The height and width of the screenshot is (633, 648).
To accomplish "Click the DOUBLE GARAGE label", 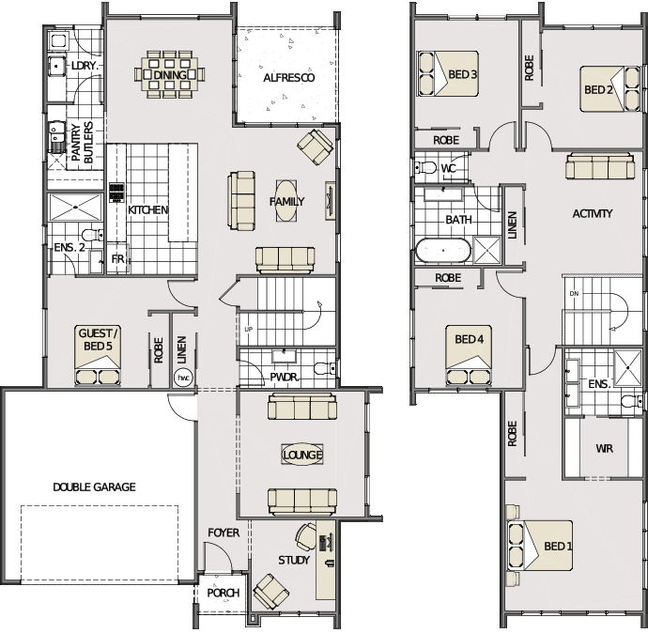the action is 94,487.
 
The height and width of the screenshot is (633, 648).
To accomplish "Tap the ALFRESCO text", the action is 289,78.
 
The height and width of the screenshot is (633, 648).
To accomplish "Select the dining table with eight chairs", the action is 169,75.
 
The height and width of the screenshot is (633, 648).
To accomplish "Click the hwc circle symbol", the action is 183,378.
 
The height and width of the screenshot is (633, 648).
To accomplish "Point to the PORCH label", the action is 224,593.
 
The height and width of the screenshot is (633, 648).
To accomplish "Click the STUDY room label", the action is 294,561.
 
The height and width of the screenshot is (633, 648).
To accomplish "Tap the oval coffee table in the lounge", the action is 302,455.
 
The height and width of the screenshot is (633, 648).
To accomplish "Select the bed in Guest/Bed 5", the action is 98,355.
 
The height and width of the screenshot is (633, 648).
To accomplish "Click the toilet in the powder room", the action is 325,368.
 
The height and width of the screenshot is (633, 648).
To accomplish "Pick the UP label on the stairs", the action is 248,330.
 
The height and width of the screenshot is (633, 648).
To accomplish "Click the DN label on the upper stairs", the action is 574,294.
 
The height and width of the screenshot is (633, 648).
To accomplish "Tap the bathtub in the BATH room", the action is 443,251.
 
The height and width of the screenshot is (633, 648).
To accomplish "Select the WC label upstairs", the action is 448,168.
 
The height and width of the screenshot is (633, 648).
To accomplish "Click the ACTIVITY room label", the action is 593,213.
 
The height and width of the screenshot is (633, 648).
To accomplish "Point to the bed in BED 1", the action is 540,546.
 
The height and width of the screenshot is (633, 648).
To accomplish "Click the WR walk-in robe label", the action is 604,449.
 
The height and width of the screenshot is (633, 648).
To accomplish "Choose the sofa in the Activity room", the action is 600,165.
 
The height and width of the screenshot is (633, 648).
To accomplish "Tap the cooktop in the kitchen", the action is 116,193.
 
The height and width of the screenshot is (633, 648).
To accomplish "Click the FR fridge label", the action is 117,259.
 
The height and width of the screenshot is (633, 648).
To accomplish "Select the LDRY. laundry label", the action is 85,66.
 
